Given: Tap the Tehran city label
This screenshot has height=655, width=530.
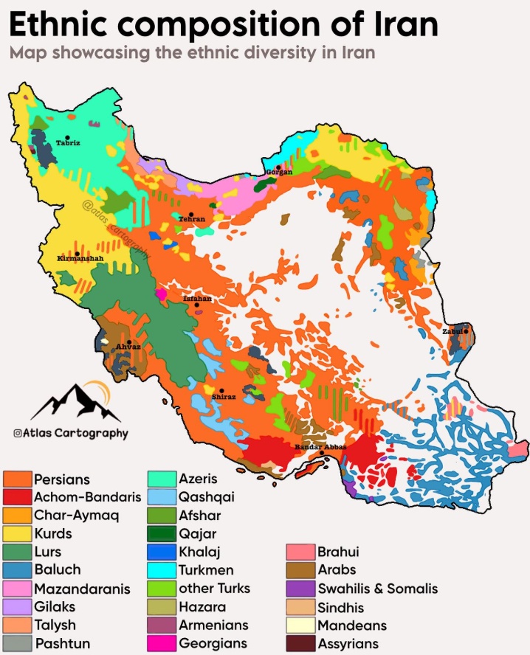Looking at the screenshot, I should (x=192, y=219).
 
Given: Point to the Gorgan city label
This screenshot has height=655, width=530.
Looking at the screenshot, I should (x=279, y=172).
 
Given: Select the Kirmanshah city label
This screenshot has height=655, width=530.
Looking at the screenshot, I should (x=80, y=259).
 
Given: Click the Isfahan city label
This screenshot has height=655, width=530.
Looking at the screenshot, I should (x=197, y=299).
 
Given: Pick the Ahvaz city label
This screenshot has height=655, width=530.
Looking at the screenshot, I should (x=128, y=346).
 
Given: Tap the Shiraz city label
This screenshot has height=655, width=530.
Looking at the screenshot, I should (x=223, y=397).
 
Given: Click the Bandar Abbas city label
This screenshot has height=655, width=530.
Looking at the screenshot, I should (x=320, y=448).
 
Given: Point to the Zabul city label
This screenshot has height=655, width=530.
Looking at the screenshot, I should (x=453, y=332).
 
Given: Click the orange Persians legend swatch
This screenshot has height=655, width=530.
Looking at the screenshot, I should (x=17, y=480).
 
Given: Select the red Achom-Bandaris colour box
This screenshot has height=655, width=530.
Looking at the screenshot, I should (x=17, y=498).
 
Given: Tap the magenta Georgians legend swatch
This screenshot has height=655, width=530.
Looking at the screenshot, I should (x=162, y=643).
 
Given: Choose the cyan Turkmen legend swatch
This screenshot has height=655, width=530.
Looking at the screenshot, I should (x=162, y=570).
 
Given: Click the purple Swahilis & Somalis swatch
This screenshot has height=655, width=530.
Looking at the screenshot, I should (x=300, y=589).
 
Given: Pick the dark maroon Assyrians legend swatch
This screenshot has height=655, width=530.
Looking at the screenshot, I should (x=300, y=643).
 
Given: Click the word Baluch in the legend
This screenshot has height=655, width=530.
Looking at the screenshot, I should (x=58, y=570).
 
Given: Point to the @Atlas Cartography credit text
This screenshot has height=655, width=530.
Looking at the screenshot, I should (x=70, y=434).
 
